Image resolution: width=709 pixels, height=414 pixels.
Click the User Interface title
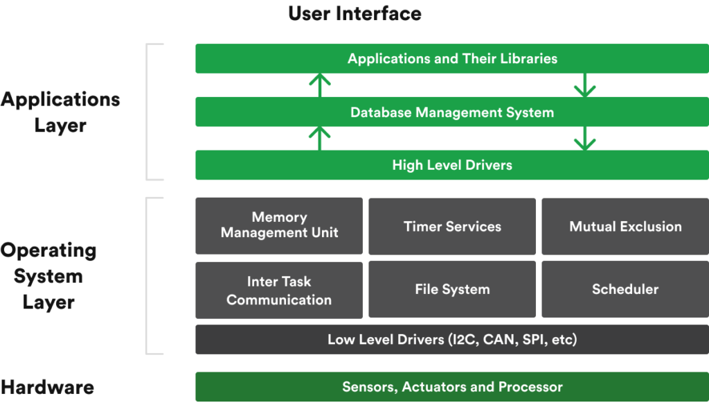[354, 13]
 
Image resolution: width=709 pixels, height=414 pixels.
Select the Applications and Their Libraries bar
[452, 58]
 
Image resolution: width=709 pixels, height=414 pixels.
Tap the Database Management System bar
[452, 112]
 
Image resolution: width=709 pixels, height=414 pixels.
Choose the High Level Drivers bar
[452, 165]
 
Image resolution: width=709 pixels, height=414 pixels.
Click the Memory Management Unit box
[279, 225]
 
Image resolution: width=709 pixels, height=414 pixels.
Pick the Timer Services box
[452, 226]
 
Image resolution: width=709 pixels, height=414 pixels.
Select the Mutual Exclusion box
[625, 226]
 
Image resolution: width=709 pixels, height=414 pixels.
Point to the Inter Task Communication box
[279, 290]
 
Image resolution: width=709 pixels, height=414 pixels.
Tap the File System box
[452, 289]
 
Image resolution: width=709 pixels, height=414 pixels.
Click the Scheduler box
[625, 289]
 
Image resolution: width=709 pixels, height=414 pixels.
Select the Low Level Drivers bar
[452, 339]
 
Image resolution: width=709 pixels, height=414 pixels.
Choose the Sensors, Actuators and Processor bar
[452, 386]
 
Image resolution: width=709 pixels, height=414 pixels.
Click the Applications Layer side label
[60, 112]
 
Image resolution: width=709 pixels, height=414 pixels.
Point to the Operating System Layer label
[48, 276]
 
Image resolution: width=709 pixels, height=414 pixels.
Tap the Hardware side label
[47, 387]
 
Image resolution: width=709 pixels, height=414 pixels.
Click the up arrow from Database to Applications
[319, 85]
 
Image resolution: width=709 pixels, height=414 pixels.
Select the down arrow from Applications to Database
[585, 85]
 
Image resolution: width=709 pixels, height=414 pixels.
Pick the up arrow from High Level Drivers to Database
[319, 138]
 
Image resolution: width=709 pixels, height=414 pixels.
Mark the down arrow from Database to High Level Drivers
[585, 138]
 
